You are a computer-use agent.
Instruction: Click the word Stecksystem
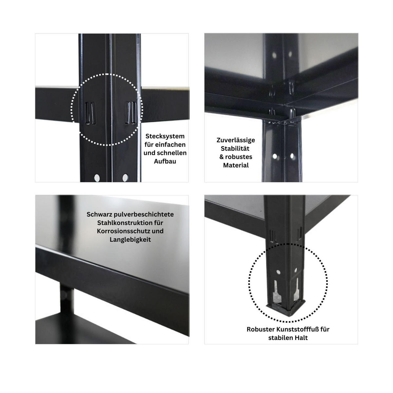click(165, 136)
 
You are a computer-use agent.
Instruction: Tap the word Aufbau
click(165, 161)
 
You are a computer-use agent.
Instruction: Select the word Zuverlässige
click(236, 140)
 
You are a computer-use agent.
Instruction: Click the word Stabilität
click(236, 148)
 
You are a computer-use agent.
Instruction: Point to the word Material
click(236, 165)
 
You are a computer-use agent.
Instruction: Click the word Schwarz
click(99, 215)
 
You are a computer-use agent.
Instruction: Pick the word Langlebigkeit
click(130, 239)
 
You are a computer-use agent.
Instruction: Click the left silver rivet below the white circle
click(97, 178)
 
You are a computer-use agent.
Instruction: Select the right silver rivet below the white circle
click(125, 178)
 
